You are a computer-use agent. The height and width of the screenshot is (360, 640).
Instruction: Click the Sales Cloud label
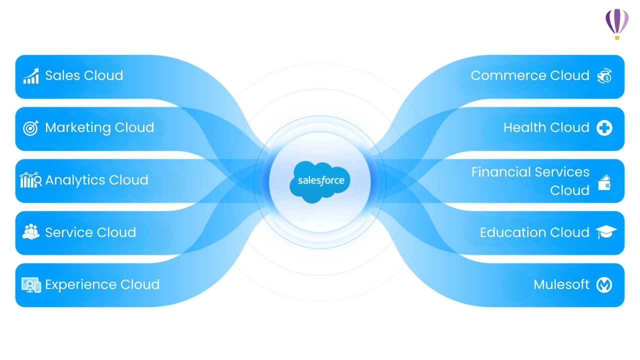click(84, 75)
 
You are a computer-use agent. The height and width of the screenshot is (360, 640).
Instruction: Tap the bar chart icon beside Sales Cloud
click(31, 76)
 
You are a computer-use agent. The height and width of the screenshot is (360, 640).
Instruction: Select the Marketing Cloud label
click(99, 128)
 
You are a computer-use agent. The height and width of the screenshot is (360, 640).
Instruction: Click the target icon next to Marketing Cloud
click(30, 128)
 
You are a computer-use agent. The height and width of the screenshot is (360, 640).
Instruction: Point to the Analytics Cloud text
click(96, 180)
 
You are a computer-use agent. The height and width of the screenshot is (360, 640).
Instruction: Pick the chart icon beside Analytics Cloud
click(30, 180)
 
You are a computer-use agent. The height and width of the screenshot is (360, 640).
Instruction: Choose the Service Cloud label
click(90, 232)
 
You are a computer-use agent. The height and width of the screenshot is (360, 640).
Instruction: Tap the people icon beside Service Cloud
click(31, 232)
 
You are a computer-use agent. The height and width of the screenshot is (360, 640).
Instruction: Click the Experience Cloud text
click(102, 284)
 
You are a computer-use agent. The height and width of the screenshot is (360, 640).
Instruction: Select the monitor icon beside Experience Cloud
click(31, 285)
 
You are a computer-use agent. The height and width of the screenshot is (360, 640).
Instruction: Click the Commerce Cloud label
click(530, 75)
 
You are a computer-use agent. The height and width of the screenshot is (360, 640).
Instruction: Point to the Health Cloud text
click(546, 128)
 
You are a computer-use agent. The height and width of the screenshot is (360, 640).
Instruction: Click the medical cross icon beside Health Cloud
click(604, 128)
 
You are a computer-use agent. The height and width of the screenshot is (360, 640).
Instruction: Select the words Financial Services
click(530, 172)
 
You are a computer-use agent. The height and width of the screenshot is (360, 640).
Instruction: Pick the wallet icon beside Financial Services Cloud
click(604, 182)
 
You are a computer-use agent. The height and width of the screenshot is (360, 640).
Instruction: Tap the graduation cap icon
click(606, 232)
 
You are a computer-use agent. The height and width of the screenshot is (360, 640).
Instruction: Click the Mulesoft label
click(561, 284)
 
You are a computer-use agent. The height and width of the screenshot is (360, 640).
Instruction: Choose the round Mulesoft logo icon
click(604, 285)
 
